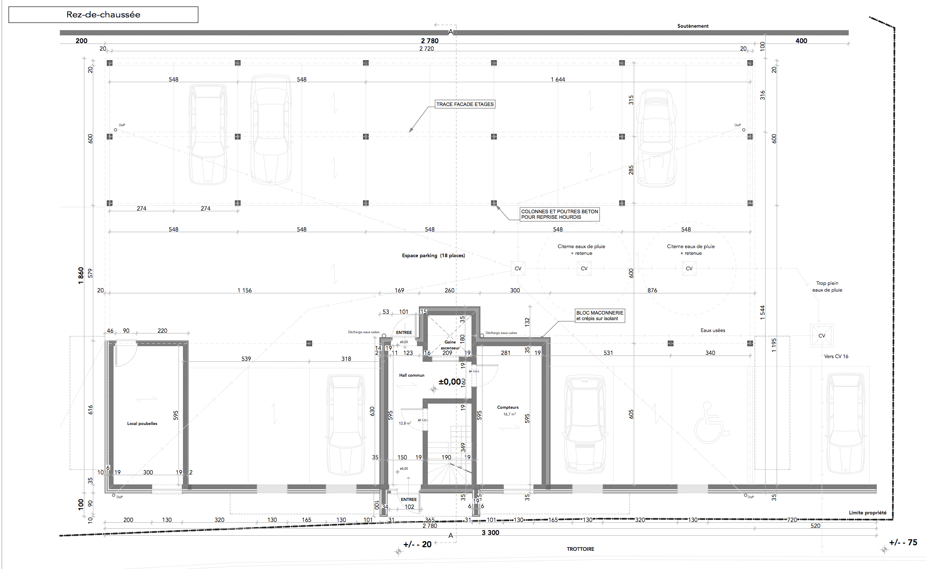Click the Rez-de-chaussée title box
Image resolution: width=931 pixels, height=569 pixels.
103,15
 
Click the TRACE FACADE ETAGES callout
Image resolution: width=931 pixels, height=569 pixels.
465,104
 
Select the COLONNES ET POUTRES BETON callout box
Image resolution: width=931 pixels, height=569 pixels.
559,214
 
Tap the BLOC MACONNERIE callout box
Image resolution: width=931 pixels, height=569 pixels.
599,315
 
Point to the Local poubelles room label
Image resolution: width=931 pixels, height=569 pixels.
142,423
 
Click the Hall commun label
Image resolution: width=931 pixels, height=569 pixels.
411,375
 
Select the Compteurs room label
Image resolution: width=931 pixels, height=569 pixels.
507,407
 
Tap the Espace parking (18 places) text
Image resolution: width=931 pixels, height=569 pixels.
433,256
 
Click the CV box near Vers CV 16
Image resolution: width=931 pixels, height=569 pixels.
821,336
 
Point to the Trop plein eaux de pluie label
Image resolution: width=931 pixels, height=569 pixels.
827,286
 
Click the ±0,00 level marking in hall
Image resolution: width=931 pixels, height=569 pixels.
450,382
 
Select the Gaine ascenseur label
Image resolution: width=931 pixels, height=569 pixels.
450,345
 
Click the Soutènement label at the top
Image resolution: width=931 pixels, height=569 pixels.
692,26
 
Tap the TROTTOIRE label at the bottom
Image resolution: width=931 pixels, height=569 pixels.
580,549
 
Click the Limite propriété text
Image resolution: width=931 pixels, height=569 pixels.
867,512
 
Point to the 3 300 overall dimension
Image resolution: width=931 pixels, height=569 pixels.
490,533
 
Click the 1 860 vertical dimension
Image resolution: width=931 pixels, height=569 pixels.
81,275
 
